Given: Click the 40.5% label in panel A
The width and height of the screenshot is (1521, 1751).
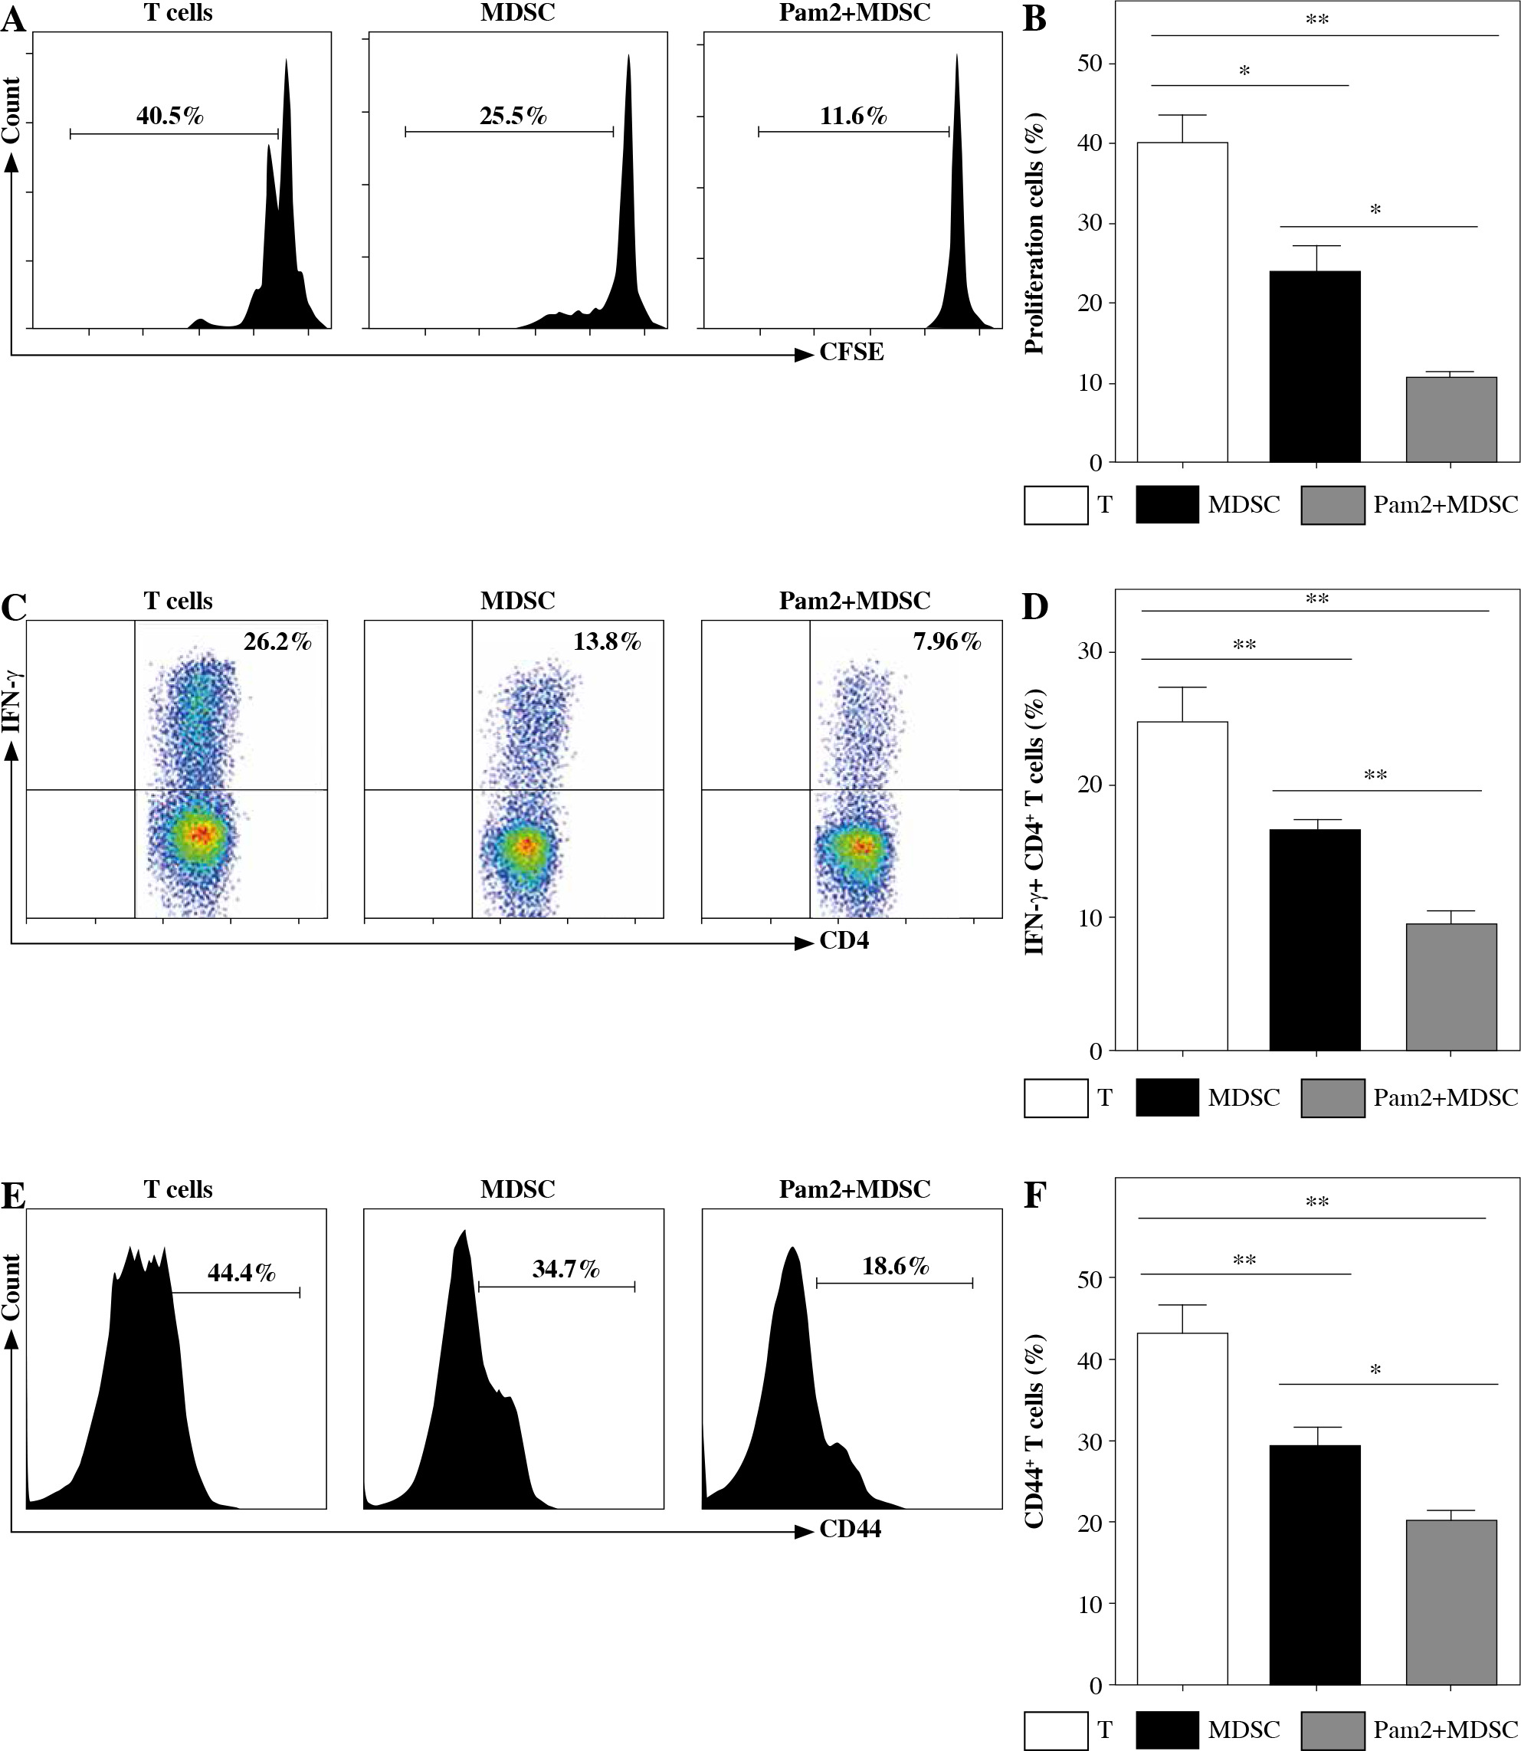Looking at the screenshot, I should (170, 116).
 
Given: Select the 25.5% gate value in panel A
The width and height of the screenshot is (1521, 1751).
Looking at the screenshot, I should (513, 116).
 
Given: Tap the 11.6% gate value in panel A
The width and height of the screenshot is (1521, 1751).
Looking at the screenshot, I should (853, 116).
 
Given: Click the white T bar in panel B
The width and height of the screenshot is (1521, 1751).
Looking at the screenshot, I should (1182, 302).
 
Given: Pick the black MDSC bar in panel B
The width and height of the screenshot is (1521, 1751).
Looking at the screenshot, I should (1315, 366).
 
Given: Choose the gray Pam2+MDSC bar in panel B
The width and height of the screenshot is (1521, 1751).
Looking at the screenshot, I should (1451, 419).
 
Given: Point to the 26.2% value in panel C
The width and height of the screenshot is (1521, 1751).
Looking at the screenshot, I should (277, 641).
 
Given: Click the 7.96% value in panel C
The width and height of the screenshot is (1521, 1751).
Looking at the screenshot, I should (947, 641).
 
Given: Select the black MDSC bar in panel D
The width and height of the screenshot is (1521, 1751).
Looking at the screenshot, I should (1315, 939).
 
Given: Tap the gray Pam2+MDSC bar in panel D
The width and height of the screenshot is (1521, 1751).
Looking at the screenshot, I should (1451, 987).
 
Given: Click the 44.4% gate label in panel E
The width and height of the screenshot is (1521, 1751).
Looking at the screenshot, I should (241, 1273).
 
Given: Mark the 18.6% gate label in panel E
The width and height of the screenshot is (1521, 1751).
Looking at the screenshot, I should (896, 1267).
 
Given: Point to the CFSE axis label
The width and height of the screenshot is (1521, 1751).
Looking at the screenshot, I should (851, 352).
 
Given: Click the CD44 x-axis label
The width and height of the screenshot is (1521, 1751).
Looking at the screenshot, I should (850, 1530).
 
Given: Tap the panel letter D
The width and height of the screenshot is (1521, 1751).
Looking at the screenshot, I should (1035, 607).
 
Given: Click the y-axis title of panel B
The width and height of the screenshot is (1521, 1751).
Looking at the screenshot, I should (1034, 234).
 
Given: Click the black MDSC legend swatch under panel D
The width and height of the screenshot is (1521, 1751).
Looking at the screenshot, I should (1166, 1097).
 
